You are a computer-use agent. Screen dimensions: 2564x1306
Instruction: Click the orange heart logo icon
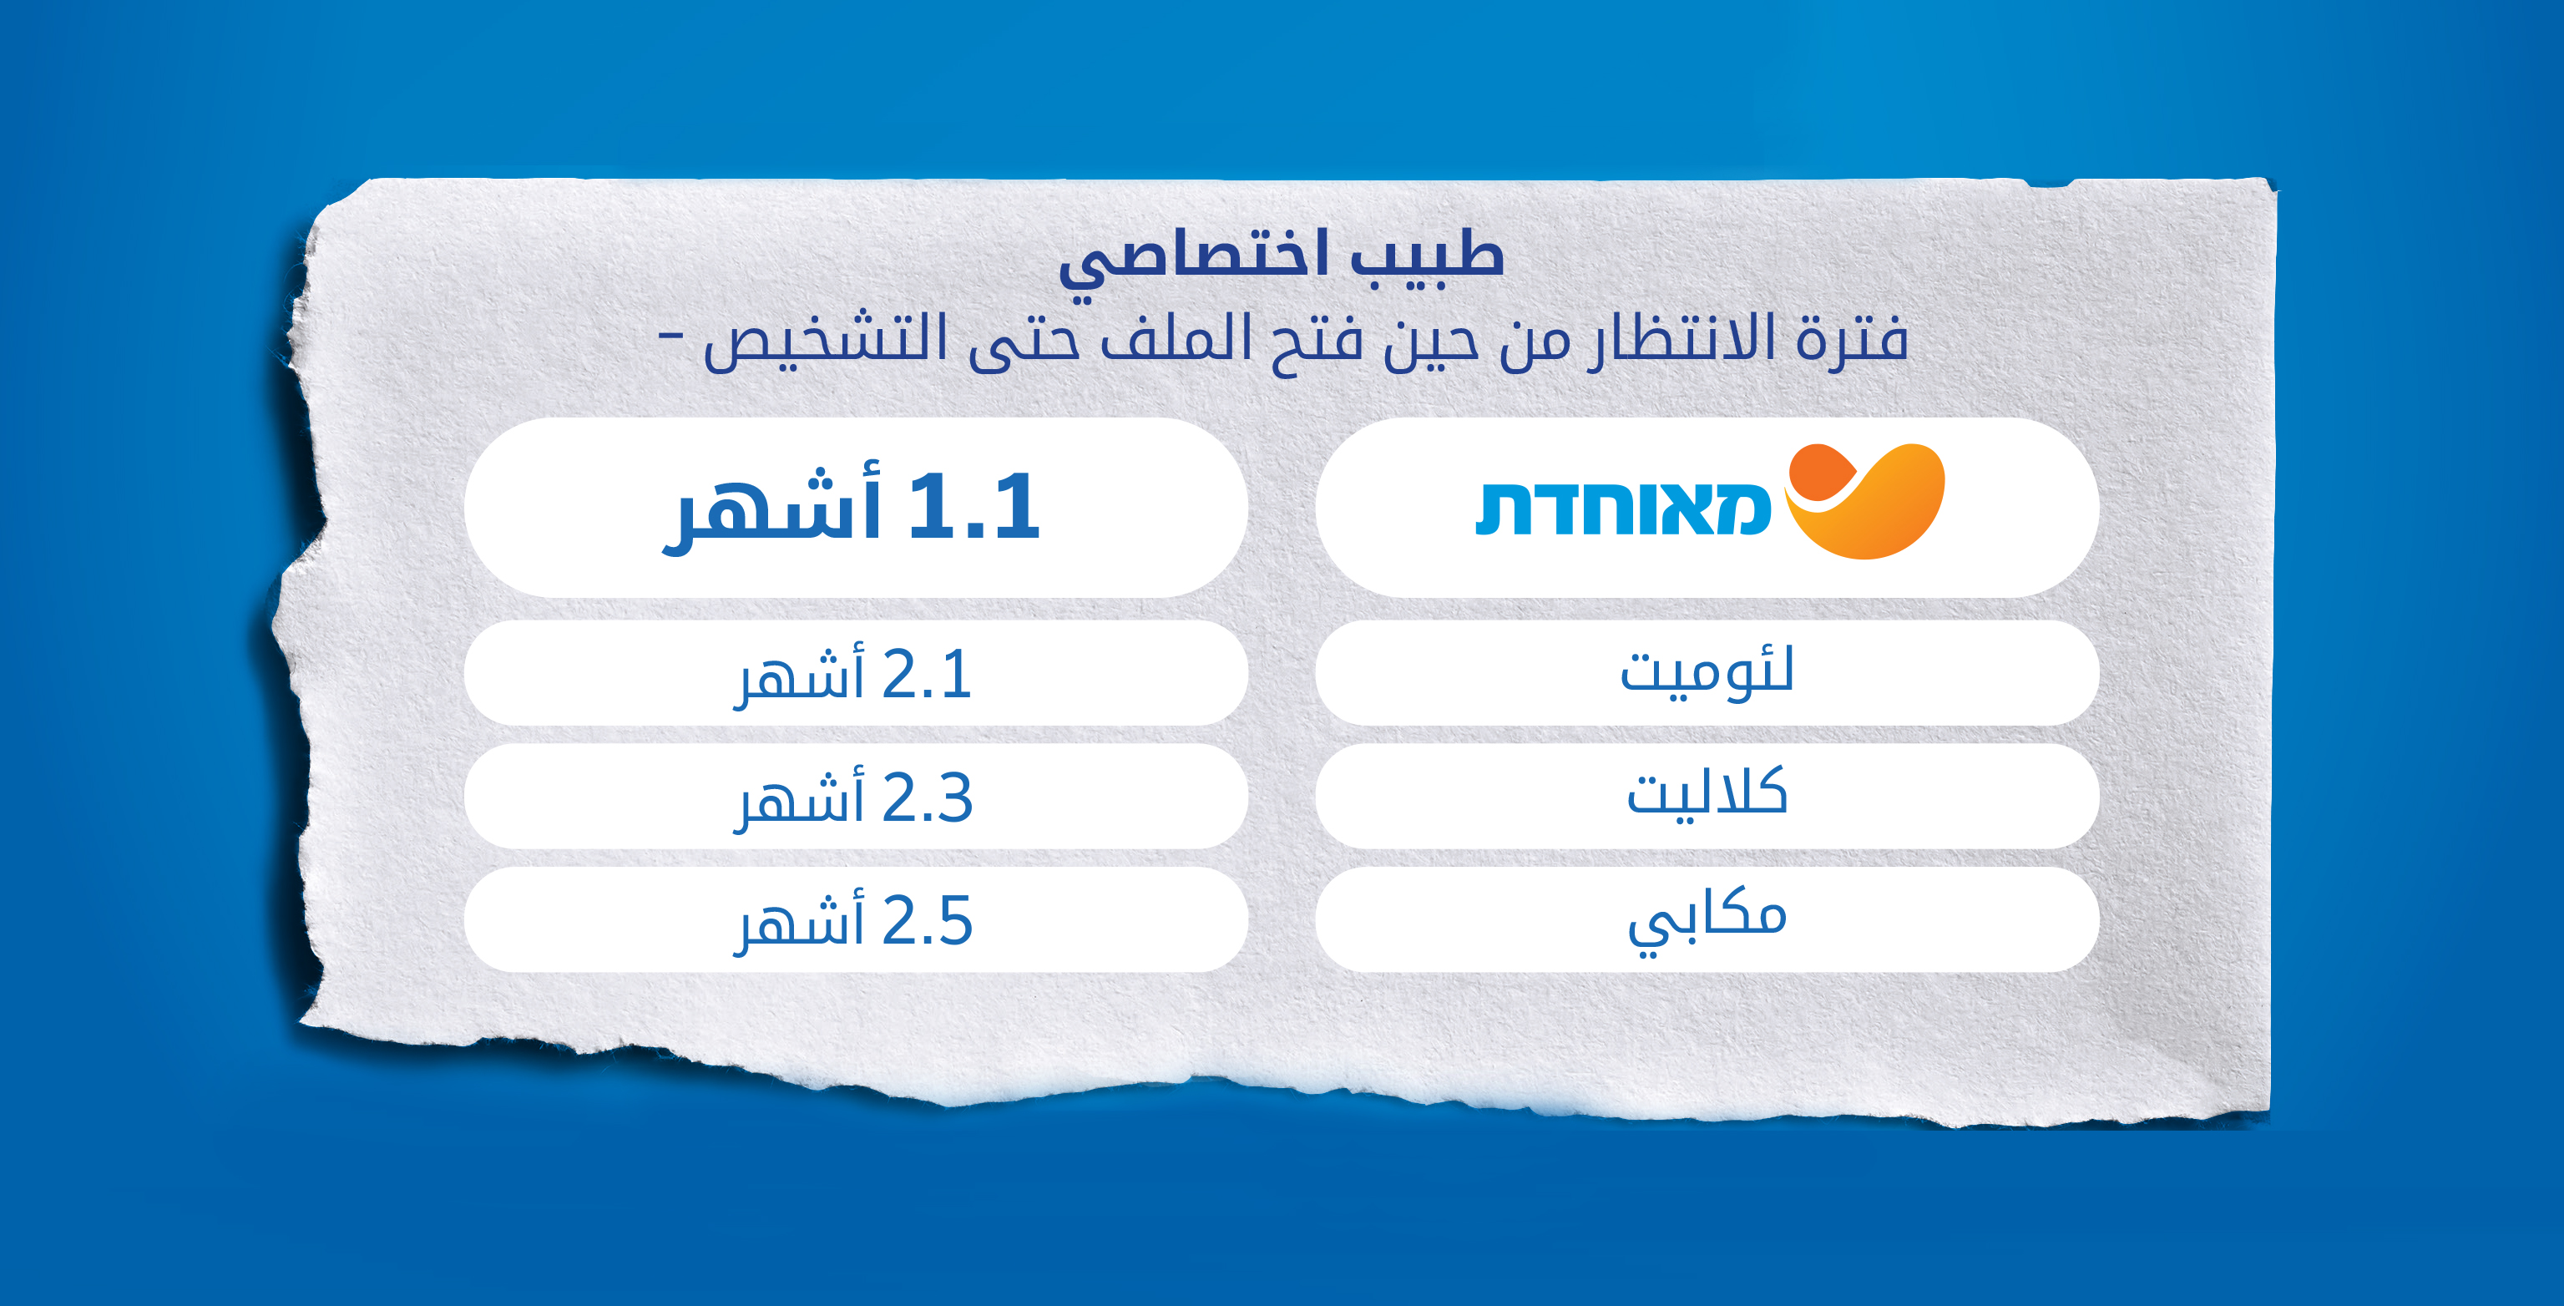[1864, 501]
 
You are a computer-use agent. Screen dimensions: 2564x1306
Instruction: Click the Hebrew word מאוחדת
[1623, 509]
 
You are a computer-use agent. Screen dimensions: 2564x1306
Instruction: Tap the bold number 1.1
[974, 507]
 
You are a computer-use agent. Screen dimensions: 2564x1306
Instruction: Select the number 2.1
[927, 675]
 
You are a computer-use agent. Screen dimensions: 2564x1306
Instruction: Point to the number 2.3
[927, 798]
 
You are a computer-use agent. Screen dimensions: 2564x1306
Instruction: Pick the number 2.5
[927, 922]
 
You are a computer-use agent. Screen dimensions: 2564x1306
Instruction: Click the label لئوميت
[1707, 672]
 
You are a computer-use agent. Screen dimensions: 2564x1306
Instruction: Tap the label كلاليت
[1707, 793]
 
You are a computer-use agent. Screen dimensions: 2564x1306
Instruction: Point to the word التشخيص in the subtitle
[825, 341]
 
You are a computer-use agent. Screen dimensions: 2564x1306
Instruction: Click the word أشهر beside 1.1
[771, 509]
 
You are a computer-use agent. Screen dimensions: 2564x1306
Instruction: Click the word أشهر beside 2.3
[799, 799]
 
